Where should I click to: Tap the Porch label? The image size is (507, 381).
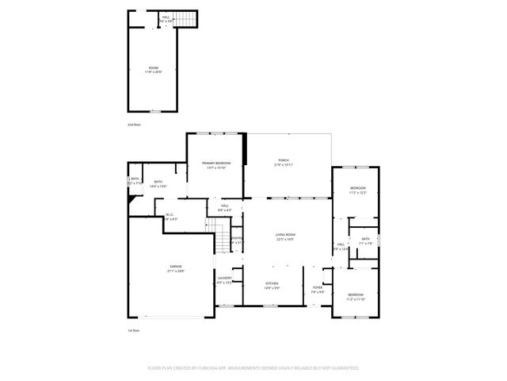tap(284, 163)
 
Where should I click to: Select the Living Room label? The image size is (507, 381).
tap(285, 237)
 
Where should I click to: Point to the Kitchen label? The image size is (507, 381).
tap(272, 284)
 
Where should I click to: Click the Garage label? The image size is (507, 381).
tap(175, 268)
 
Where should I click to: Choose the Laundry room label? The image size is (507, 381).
tap(224, 280)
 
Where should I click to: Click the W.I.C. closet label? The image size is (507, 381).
tap(170, 217)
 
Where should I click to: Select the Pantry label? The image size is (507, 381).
tap(236, 241)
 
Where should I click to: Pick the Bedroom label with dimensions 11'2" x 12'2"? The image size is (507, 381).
tap(357, 190)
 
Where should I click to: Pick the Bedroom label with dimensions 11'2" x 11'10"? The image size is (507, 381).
tap(355, 296)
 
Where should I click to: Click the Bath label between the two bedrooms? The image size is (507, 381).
tap(365, 241)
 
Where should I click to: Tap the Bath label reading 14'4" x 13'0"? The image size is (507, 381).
tap(158, 183)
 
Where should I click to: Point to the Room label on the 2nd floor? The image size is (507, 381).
tap(153, 70)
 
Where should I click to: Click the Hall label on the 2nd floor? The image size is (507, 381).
tap(166, 18)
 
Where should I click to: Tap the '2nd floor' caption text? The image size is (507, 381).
tap(134, 125)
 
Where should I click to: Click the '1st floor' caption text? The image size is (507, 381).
tap(134, 329)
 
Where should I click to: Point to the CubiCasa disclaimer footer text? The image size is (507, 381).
tap(253, 368)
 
